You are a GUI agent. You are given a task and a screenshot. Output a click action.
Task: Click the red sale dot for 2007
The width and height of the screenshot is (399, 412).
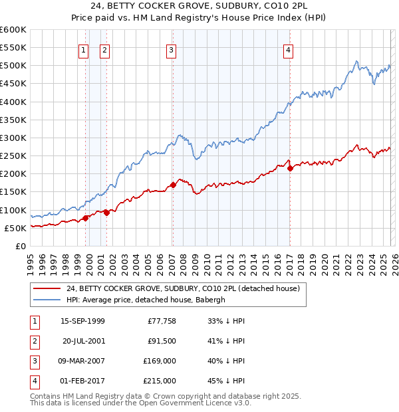(x=173, y=185)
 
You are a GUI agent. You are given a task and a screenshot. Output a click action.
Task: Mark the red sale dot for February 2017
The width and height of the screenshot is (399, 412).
(x=290, y=168)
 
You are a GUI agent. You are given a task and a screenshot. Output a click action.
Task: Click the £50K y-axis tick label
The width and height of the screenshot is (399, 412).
(x=15, y=228)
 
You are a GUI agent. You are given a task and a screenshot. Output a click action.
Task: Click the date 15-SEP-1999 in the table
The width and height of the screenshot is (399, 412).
(x=82, y=321)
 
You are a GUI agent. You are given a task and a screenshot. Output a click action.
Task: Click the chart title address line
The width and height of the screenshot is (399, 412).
(x=199, y=7)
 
